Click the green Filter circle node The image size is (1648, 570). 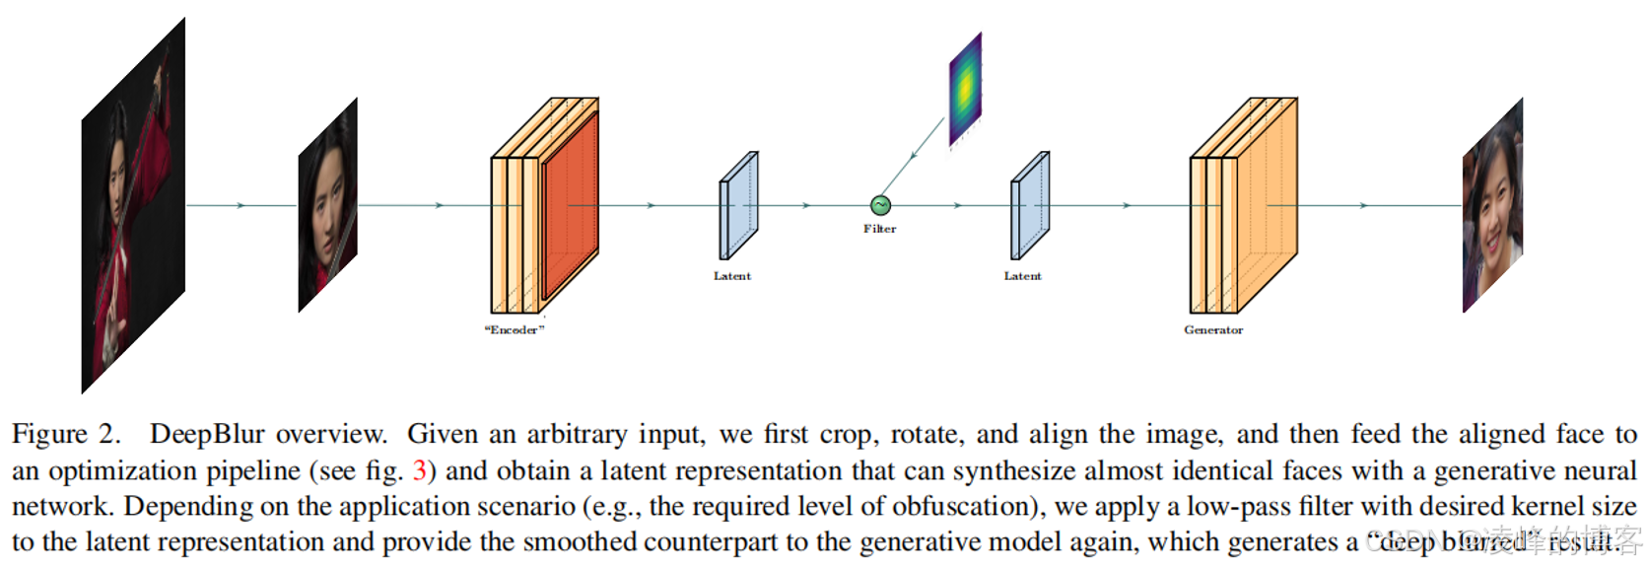click(x=880, y=205)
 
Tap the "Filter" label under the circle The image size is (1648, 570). click(x=880, y=229)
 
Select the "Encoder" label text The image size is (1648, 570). click(x=515, y=329)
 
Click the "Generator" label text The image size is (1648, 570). click(x=1213, y=329)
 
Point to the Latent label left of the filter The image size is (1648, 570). click(x=732, y=276)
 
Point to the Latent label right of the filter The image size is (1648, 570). click(x=1022, y=276)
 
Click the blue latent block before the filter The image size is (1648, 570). click(x=738, y=206)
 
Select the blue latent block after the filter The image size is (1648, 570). click(x=1029, y=206)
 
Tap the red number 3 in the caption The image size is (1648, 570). click(x=420, y=470)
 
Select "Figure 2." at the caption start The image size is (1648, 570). click(x=65, y=435)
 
